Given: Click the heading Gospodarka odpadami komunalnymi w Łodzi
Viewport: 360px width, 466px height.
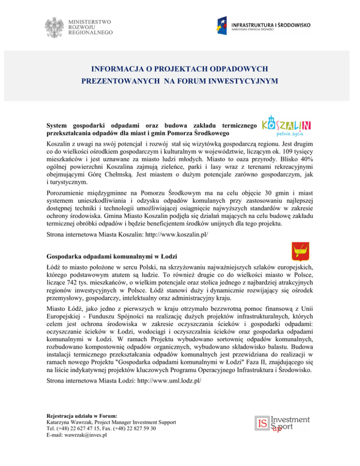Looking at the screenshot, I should tap(111, 256).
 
